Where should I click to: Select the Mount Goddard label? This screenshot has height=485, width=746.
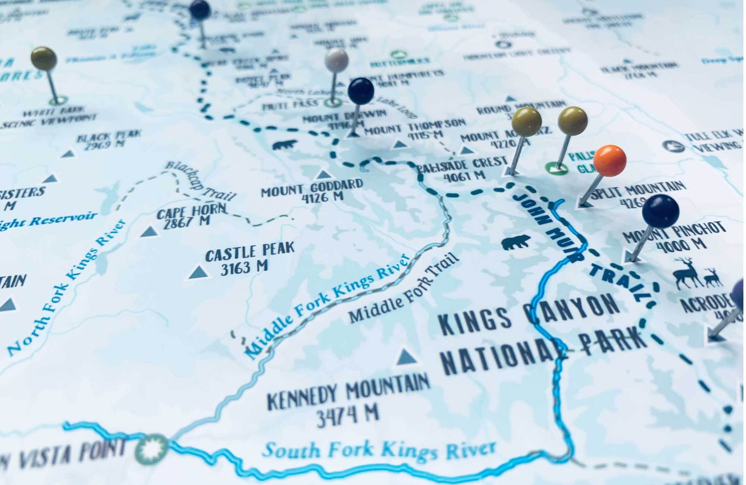(x=311, y=189)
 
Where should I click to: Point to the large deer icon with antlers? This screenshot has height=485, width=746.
(x=687, y=273)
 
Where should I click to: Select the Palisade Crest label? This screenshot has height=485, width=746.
(x=463, y=168)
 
